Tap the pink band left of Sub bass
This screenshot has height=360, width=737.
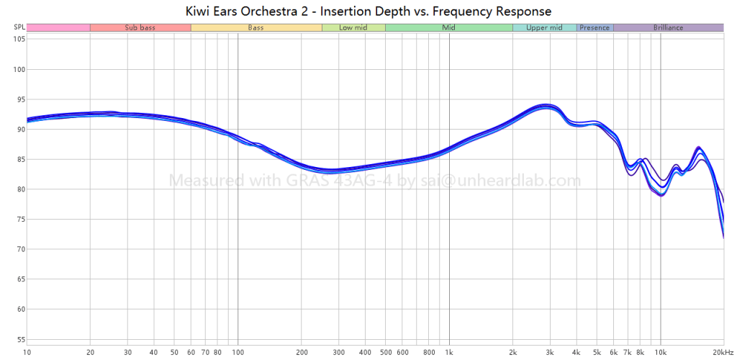coord(58,27)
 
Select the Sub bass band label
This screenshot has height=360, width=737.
coord(140,27)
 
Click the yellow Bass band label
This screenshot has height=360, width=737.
coord(256,27)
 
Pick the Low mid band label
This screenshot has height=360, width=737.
coord(353,27)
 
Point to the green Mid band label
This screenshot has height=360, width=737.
coord(448,27)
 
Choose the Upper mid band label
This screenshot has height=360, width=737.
coord(544,27)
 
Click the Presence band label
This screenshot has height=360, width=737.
coord(594,27)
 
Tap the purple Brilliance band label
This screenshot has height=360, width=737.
coord(668,27)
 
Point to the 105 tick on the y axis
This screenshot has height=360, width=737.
coord(18,40)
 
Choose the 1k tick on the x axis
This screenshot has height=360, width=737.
coord(449,352)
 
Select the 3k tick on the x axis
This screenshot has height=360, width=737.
coord(550,352)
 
